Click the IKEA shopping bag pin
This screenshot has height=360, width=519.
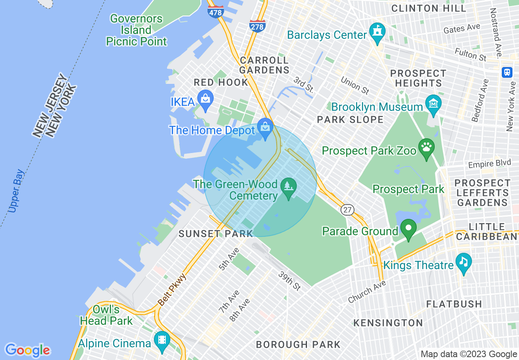click(205, 99)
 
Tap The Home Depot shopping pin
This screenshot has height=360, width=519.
click(266, 128)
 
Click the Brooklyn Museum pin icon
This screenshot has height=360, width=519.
click(433, 104)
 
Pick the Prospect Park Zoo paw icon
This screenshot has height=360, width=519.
click(426, 147)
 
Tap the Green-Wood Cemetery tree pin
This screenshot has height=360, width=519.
click(289, 187)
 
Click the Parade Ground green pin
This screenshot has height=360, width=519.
click(408, 228)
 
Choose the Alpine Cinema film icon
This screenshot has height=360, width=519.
click(162, 340)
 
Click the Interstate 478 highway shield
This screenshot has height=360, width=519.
click(216, 11)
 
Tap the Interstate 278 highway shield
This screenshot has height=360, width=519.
click(257, 26)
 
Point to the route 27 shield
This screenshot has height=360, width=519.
click(347, 210)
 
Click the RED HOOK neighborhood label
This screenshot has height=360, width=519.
click(221, 82)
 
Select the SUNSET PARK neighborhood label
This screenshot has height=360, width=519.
click(216, 234)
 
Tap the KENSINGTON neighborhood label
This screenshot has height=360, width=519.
click(388, 323)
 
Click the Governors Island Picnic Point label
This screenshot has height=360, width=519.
click(136, 30)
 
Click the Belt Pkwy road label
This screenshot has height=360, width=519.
click(172, 290)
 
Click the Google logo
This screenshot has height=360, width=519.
click(28, 350)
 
